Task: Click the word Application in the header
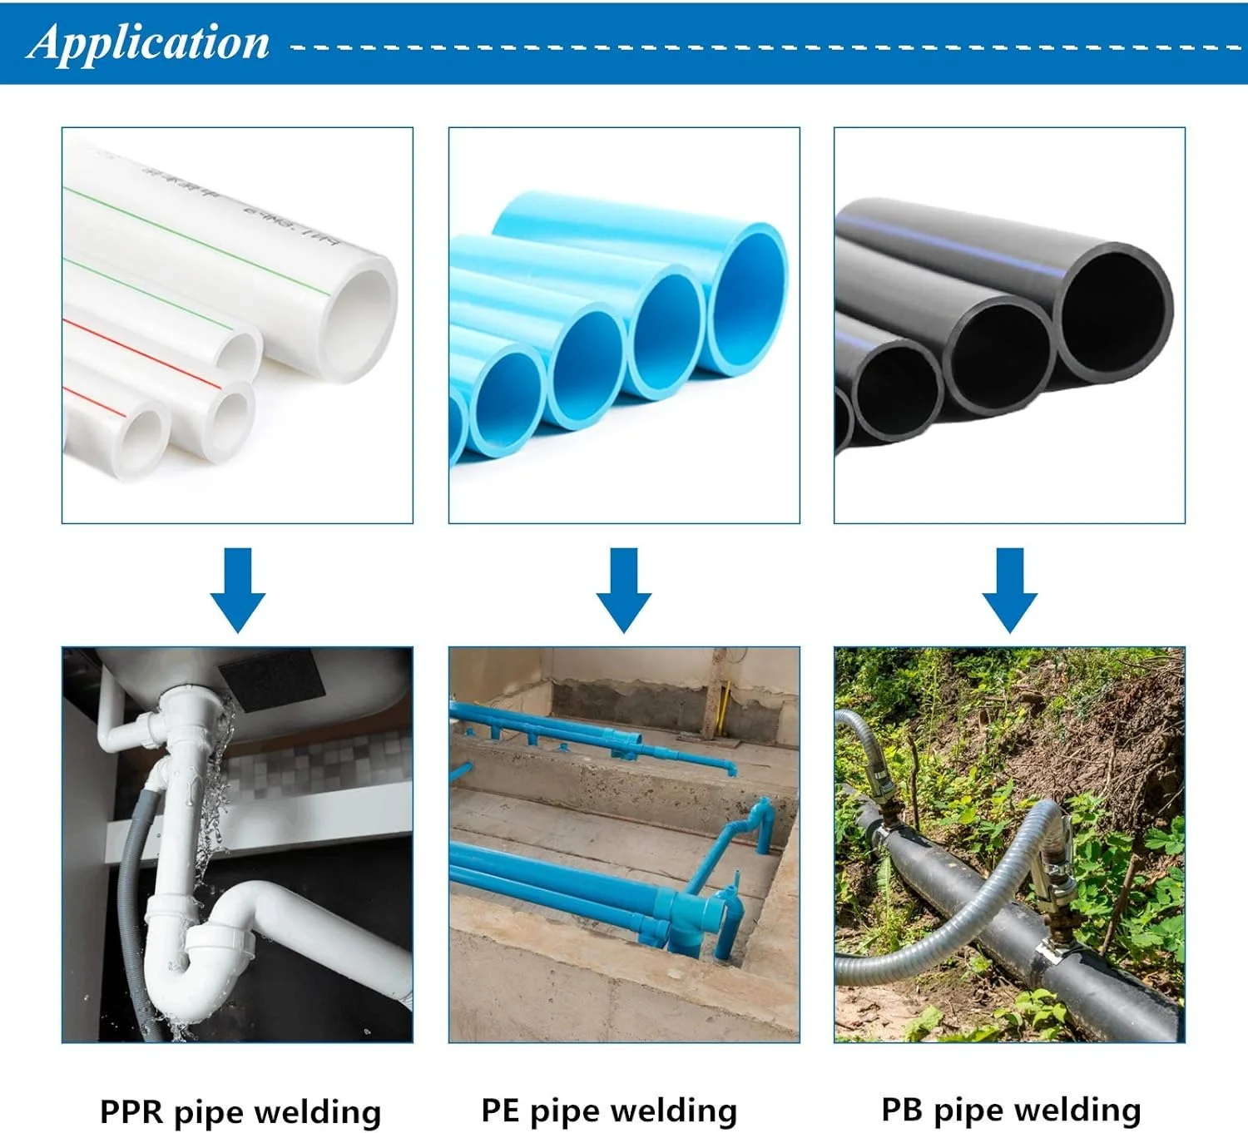pos(150,43)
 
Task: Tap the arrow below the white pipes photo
pos(238,589)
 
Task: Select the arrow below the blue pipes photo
pos(624,589)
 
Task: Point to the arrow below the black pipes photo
pos(1009,589)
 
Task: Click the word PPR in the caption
pos(131,1112)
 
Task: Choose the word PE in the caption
pos(500,1111)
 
